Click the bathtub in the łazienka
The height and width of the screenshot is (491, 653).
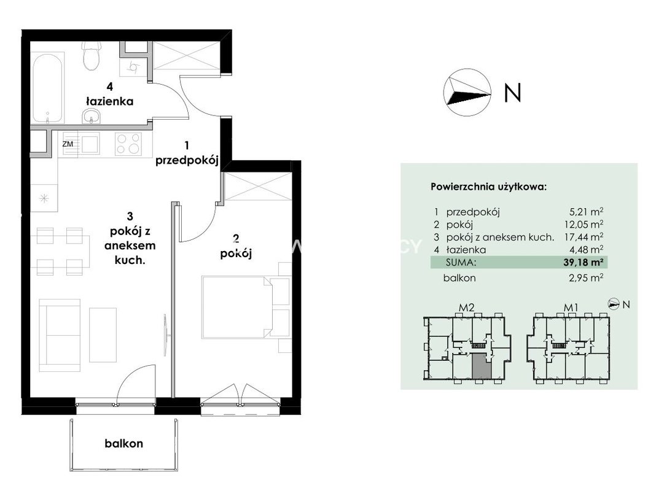(48, 87)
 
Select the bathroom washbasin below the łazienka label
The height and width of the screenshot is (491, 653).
(92, 117)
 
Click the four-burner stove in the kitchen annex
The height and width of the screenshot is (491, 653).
(128, 144)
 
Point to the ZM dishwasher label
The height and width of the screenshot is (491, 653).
(68, 144)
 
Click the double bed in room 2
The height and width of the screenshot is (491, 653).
(246, 307)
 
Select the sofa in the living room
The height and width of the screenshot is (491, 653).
(59, 335)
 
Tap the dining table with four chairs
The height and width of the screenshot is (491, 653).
(63, 251)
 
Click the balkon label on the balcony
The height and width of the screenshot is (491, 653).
(123, 444)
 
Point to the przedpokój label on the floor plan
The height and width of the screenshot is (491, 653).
(187, 161)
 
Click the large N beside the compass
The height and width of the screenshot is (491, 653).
(513, 93)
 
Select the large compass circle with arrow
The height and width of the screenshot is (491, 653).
(467, 93)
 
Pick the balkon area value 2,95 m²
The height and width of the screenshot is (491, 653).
(586, 277)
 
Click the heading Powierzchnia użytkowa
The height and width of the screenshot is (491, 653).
(488, 187)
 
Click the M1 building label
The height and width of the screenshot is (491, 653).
(571, 307)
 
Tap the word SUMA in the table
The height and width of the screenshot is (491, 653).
(460, 263)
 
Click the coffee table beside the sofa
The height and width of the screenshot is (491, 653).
(103, 335)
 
